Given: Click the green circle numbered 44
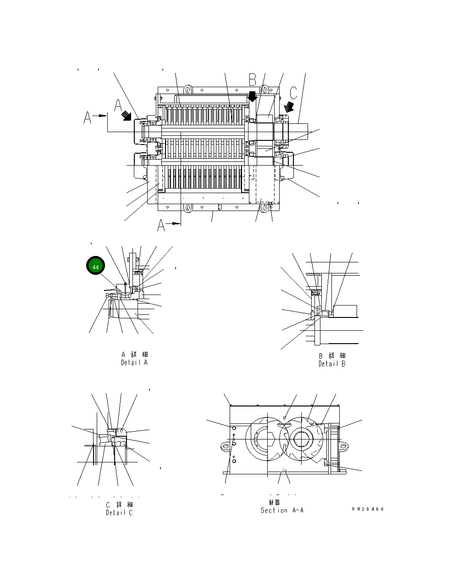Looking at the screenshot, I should (x=95, y=267).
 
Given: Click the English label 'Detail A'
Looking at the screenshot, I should (x=134, y=362).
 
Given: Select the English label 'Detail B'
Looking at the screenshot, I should (x=332, y=364).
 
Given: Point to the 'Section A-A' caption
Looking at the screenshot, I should (x=282, y=510).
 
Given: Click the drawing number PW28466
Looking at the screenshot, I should (x=368, y=509).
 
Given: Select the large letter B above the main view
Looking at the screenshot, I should (x=253, y=80).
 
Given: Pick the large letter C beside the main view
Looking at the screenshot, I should (x=293, y=92).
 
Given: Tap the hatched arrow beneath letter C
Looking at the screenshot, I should (x=289, y=107).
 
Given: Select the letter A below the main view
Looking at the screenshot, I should (x=161, y=225).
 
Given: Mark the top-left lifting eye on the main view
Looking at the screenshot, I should (x=187, y=89).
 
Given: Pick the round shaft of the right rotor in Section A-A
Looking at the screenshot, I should (x=303, y=439).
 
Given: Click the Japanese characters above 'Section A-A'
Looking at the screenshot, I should (x=275, y=502).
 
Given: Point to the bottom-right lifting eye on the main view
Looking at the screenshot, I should (x=265, y=208).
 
